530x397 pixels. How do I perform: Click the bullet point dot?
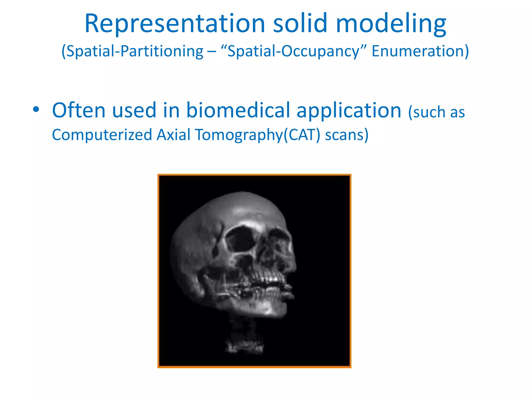coord(36,110)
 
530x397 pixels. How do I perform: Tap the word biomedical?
coord(238,110)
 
